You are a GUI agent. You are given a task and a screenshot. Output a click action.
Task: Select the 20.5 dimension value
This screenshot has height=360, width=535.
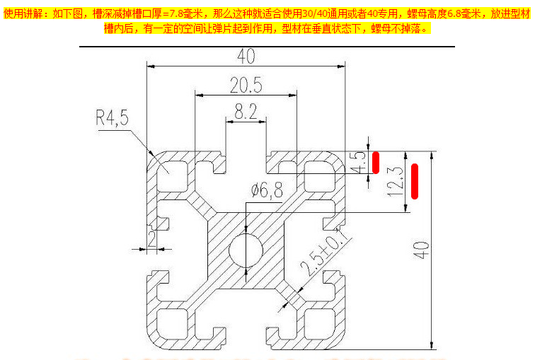pos(246,86)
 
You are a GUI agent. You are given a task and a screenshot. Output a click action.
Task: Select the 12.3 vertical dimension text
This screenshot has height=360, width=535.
pos(396,181)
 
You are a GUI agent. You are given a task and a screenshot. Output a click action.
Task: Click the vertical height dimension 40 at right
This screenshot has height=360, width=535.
pos(422,250)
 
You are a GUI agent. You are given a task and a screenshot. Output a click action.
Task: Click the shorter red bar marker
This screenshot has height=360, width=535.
pos(376,163)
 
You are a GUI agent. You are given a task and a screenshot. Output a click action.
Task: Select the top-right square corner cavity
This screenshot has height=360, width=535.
pos(322,173)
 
